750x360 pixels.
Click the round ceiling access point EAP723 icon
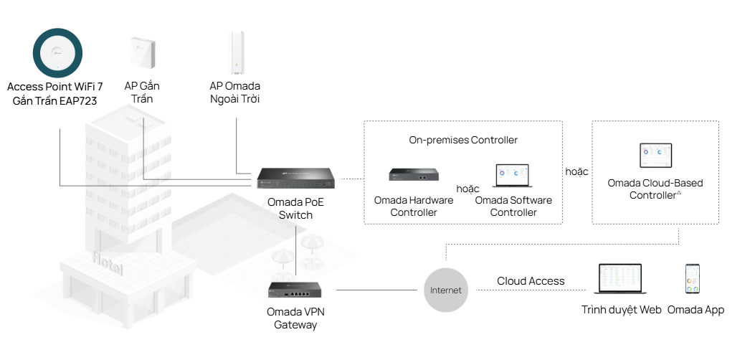coord(58,51)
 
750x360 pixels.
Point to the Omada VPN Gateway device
coord(295,290)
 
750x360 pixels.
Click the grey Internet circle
coord(446,290)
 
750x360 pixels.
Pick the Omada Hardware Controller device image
coord(414,175)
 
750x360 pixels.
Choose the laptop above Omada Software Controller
coord(513,176)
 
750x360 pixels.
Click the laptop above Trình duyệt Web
coord(621,280)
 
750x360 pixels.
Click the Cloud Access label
coord(531,281)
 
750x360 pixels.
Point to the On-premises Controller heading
coord(463,140)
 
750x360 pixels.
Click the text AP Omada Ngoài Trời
coord(235,93)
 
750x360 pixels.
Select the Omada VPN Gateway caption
coord(295,318)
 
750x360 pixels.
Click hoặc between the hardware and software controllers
coord(467,188)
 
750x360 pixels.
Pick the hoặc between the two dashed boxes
coord(576,171)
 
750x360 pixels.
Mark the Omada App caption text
coord(696,310)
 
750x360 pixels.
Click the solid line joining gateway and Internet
coord(376,290)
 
